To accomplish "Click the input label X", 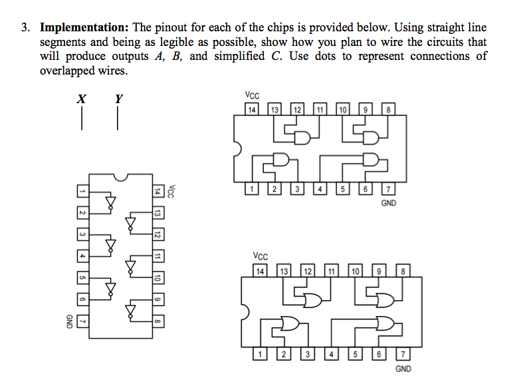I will click(x=81, y=99).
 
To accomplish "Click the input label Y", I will click(x=118, y=99).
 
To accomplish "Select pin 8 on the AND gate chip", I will click(x=389, y=109).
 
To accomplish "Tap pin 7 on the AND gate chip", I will click(x=389, y=190).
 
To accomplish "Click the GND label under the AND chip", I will click(x=389, y=203).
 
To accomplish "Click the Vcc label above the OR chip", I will click(x=261, y=256).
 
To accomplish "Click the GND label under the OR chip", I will click(x=403, y=368).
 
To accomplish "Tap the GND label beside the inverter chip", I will click(x=68, y=321).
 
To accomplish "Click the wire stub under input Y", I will click(x=118, y=118).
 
